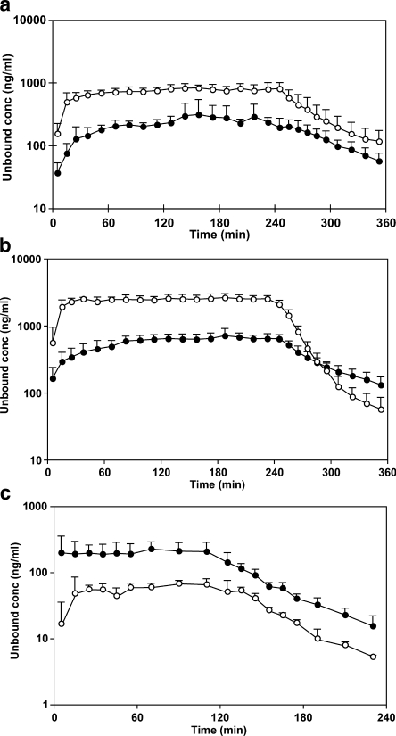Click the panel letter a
click(8, 8)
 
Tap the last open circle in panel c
click(373, 657)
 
